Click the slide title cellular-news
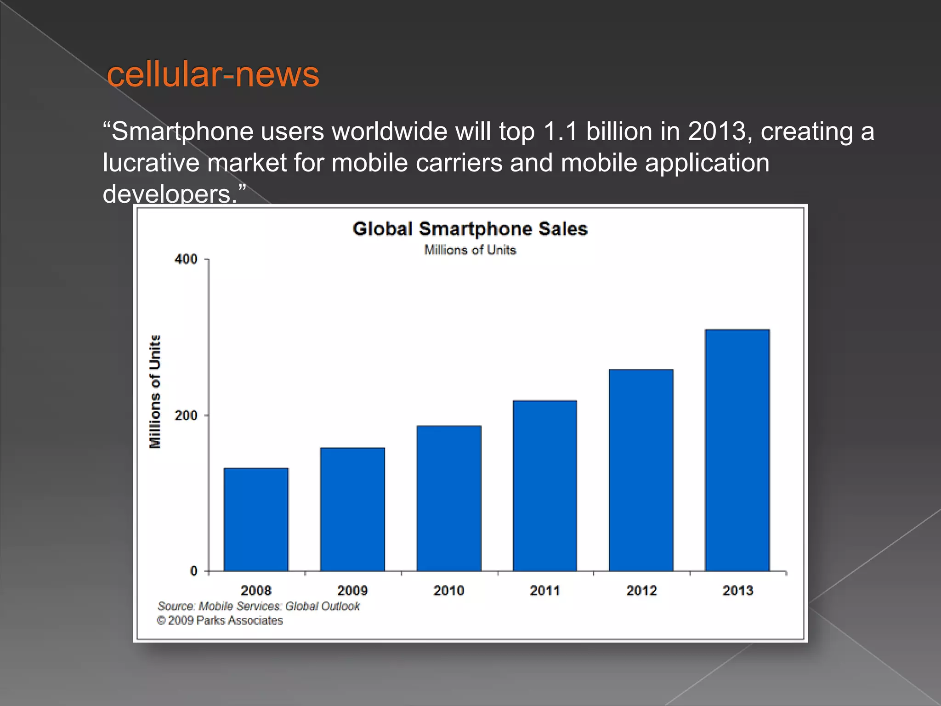click(x=213, y=74)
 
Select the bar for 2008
click(x=256, y=519)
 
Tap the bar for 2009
click(x=352, y=509)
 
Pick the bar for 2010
click(x=449, y=498)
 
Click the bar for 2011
click(x=545, y=486)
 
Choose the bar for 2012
click(x=641, y=470)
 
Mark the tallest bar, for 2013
click(x=737, y=450)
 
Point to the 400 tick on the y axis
click(x=186, y=259)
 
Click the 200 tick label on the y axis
click(x=186, y=416)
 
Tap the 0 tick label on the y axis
click(x=194, y=571)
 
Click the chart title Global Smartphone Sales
click(x=470, y=229)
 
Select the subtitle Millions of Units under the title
click(x=470, y=250)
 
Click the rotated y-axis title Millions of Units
click(x=155, y=392)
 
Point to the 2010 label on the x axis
click(x=449, y=591)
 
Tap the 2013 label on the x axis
click(x=737, y=591)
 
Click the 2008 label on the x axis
click(x=256, y=591)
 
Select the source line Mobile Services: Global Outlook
click(x=259, y=606)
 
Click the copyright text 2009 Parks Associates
click(x=220, y=621)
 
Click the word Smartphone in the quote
click(x=182, y=132)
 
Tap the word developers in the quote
click(x=168, y=194)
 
